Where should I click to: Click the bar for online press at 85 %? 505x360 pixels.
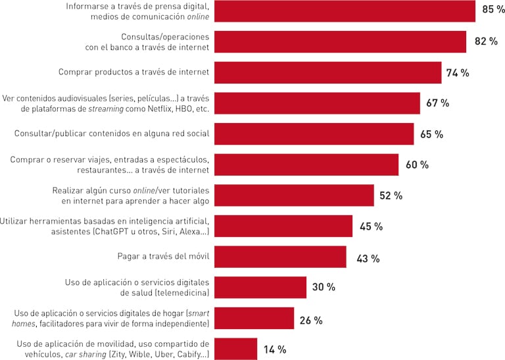click(x=345, y=11)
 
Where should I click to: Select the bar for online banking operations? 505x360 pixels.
click(x=341, y=41)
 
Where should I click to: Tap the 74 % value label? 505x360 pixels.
click(x=458, y=73)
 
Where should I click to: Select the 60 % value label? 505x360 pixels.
click(x=417, y=165)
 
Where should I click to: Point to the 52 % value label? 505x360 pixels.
click(x=391, y=195)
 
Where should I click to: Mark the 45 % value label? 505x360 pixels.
click(x=371, y=226)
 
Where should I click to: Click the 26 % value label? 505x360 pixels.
click(x=310, y=321)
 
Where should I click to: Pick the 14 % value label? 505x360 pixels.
click(x=274, y=349)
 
